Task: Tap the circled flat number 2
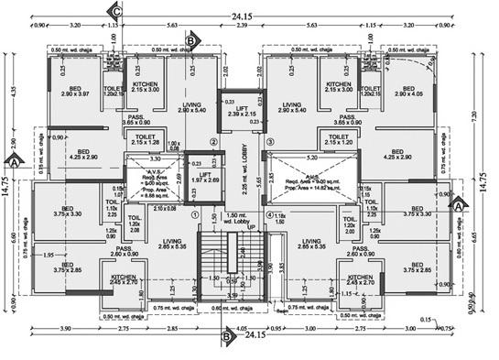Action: pos(213,142)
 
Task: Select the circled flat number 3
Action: pos(271,142)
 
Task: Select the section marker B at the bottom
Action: pos(228,336)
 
